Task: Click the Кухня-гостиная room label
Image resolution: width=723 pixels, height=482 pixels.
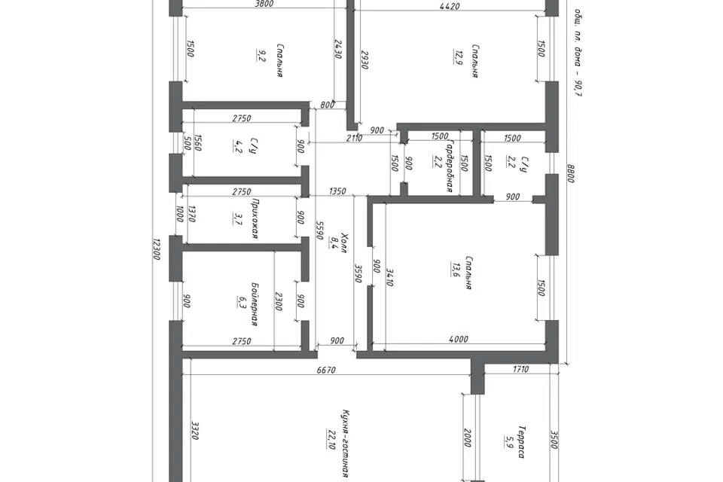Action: (344, 443)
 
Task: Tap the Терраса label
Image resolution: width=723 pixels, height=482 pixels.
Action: (521, 442)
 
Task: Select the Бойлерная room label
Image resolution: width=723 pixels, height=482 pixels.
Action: (254, 304)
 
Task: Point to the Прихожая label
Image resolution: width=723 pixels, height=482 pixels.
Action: (254, 218)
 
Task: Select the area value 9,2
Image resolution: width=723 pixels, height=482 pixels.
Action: (261, 56)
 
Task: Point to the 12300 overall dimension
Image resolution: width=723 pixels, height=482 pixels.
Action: (156, 249)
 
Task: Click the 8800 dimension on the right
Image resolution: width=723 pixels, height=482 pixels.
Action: (571, 173)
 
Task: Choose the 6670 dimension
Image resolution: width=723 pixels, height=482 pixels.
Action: (326, 370)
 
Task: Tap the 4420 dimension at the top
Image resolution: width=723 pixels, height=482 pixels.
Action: (450, 7)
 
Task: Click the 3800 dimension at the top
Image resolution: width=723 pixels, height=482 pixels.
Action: (264, 5)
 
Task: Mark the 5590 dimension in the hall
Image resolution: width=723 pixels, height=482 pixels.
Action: (319, 230)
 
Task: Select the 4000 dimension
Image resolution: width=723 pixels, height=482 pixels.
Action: (459, 340)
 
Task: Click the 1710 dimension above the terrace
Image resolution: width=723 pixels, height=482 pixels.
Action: (520, 369)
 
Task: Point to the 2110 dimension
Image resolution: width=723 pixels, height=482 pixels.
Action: (354, 138)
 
